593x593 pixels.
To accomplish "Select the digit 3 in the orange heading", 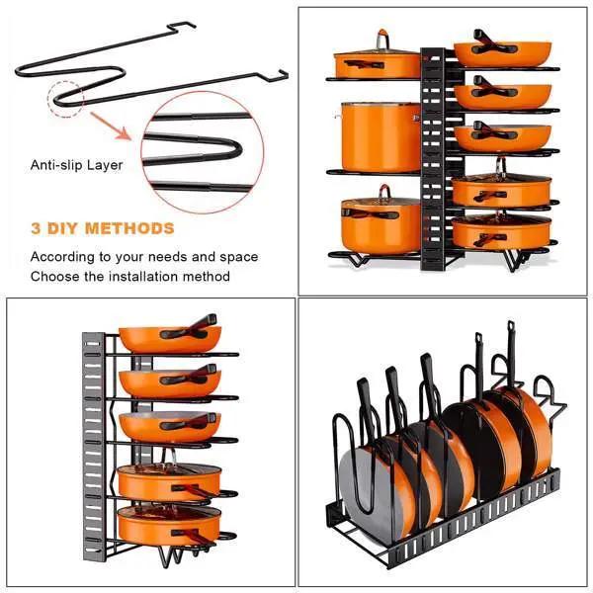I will (36, 229).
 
